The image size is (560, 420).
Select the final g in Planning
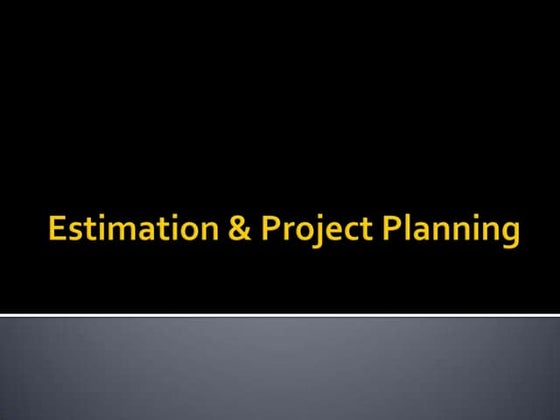point(509,236)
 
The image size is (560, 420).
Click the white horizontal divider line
point(280,316)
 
